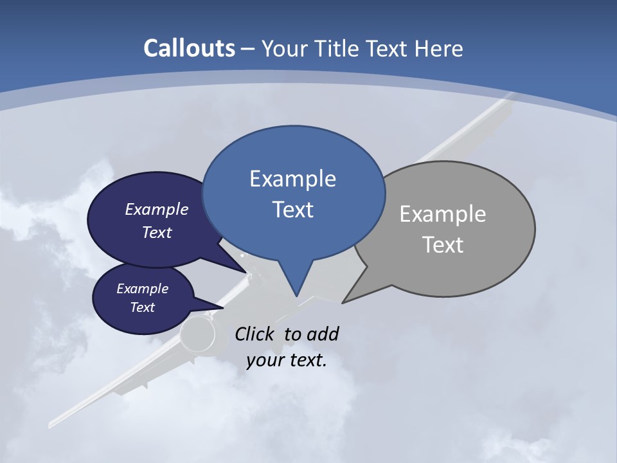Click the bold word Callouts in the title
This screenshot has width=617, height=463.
pos(189,48)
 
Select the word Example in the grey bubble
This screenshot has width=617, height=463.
pos(443,214)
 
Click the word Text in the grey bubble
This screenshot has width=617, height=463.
pos(443,245)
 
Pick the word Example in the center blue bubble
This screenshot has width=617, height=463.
pos(292,179)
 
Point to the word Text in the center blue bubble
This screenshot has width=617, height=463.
pos(292,210)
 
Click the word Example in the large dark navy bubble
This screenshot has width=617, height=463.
pos(157,209)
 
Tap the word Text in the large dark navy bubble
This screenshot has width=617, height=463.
pos(157,232)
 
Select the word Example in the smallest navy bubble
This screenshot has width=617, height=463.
pos(142,289)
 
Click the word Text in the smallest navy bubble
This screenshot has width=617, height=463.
pos(142,307)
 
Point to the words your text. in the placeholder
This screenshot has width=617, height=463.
pos(287,360)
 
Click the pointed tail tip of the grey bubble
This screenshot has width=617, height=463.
pos(343,302)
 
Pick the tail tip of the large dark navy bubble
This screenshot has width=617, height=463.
pos(247,273)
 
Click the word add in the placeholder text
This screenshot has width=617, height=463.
pos(322,334)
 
